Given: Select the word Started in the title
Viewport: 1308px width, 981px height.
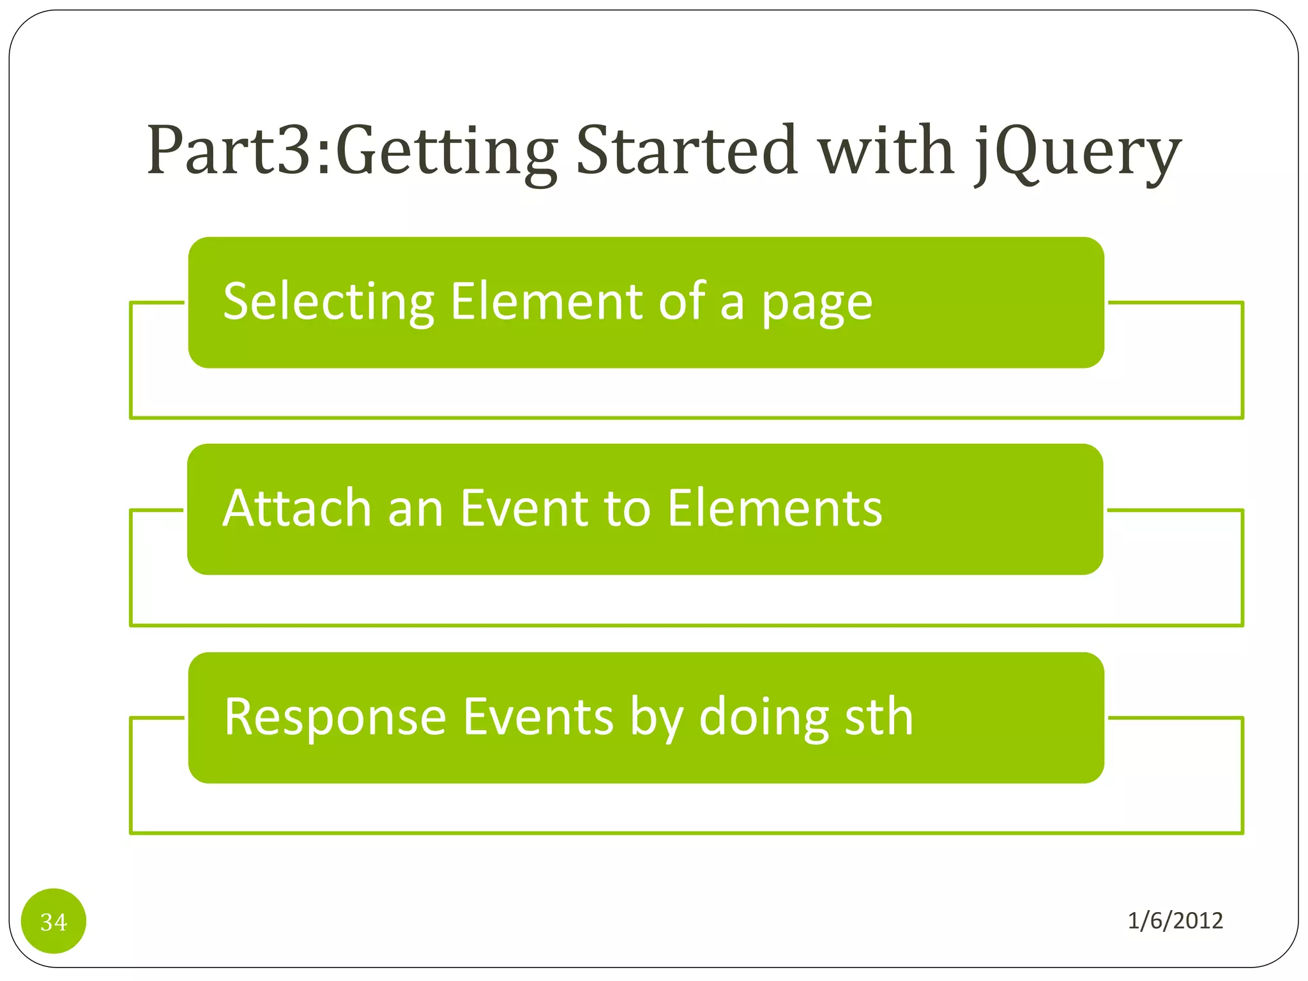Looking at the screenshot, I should coord(687,151).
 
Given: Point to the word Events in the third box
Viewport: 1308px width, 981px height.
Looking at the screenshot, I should coord(538,717).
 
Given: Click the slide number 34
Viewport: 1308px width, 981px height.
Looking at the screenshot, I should coord(54,922).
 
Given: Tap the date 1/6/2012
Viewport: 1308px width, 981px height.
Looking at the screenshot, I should coord(1175,920).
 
